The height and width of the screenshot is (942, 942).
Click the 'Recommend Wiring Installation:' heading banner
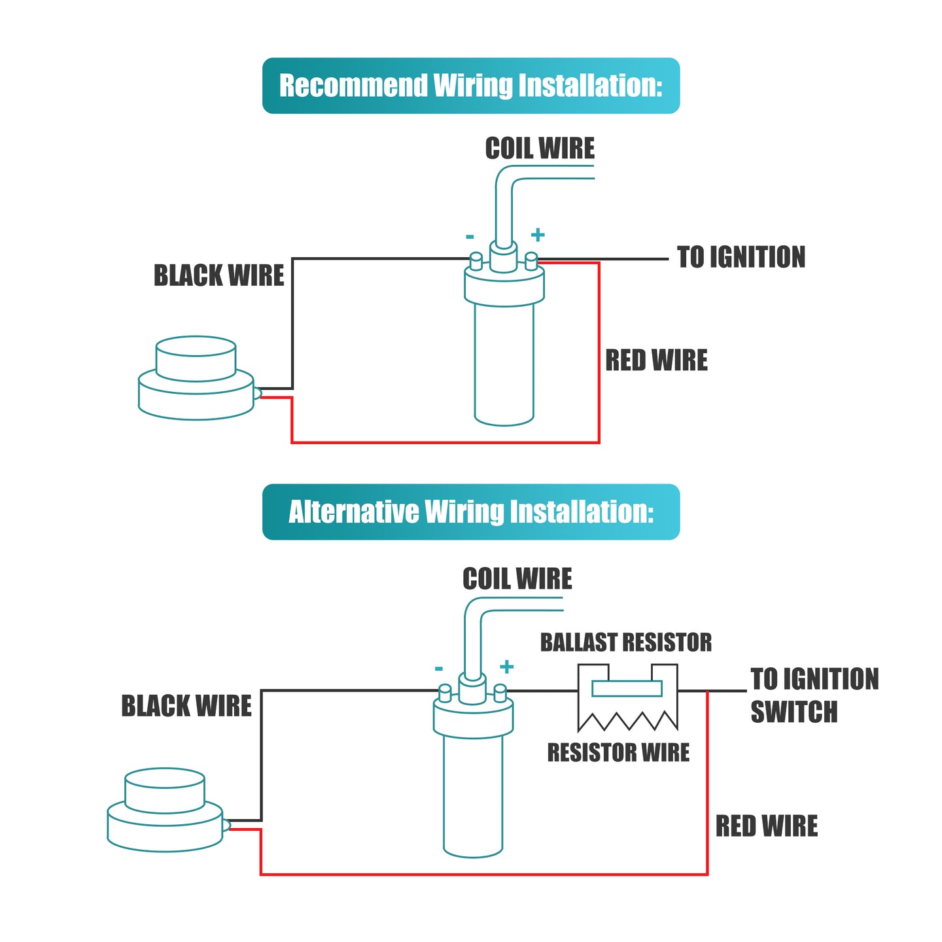click(x=470, y=86)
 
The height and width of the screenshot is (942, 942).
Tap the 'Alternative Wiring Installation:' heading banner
click(x=470, y=512)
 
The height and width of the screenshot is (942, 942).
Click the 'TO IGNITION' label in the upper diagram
click(x=740, y=257)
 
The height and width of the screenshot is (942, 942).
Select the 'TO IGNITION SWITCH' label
click(x=814, y=695)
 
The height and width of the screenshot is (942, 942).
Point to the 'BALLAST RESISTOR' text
click(x=625, y=642)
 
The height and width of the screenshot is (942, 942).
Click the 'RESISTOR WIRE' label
click(x=618, y=752)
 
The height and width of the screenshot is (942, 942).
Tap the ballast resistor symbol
click(x=627, y=697)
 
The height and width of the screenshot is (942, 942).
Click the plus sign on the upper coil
click(x=537, y=235)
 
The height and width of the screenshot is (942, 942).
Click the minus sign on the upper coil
click(x=469, y=237)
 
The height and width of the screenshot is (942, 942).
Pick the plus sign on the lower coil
click(x=506, y=667)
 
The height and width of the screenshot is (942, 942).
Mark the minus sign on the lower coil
click(x=438, y=669)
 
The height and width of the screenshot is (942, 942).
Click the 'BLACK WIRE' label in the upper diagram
click(x=218, y=275)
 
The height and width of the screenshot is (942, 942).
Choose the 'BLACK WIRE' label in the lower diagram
click(x=186, y=706)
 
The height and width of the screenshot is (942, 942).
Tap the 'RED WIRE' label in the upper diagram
click(x=656, y=360)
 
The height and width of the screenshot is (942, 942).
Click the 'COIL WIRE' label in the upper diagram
click(x=540, y=148)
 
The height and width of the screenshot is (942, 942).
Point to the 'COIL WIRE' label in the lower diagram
click(x=517, y=579)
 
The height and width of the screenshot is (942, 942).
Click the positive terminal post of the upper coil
click(x=531, y=261)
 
